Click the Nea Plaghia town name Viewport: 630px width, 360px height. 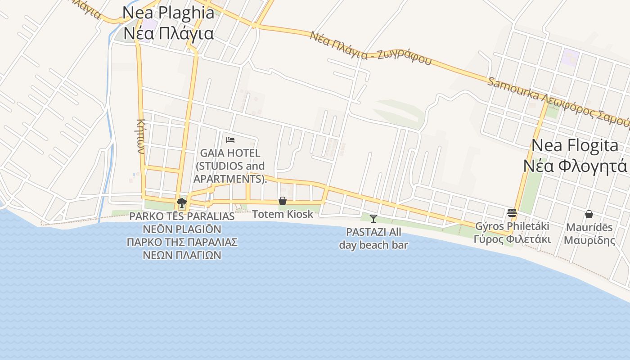[168, 13]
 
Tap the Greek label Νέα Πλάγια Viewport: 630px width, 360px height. [168, 33]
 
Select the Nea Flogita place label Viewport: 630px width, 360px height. [575, 145]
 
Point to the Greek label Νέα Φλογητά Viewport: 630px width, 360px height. [575, 166]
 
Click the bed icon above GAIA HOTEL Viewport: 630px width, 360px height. [230, 139]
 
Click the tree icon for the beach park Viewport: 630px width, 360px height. [182, 202]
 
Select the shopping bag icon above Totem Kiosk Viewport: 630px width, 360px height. [283, 201]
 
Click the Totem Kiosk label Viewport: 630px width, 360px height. [283, 214]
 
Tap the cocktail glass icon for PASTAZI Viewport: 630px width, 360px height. [373, 219]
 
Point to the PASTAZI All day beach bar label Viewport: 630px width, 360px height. [373, 238]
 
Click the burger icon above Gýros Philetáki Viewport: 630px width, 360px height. [512, 212]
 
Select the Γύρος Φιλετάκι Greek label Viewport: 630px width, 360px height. [512, 239]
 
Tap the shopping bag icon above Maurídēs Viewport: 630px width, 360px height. [589, 214]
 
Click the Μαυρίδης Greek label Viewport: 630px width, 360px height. [589, 240]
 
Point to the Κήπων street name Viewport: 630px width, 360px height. [141, 136]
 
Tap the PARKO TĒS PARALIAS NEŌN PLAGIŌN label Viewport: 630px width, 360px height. [182, 222]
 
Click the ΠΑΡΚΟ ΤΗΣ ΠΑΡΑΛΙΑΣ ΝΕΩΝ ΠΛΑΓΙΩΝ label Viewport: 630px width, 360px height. [182, 248]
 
